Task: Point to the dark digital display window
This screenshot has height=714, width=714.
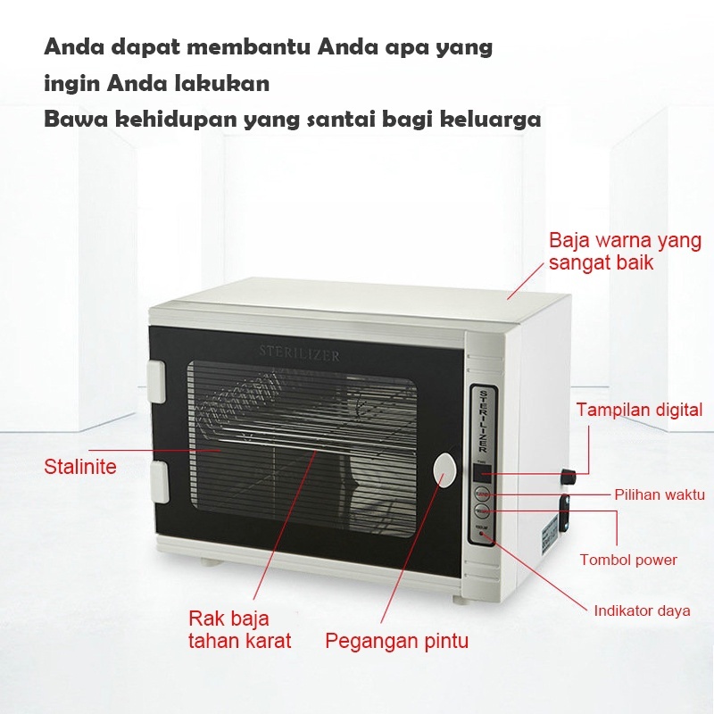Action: tap(482, 474)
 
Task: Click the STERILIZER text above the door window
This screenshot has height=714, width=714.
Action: tap(299, 355)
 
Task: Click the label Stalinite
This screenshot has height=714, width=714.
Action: tap(80, 467)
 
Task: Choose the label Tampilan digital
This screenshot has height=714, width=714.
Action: tap(639, 411)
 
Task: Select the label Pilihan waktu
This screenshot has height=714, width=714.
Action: tap(660, 494)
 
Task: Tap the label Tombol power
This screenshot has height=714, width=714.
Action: tap(628, 560)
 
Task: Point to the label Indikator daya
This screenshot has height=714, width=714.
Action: tap(642, 611)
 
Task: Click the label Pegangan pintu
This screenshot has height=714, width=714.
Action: tap(396, 641)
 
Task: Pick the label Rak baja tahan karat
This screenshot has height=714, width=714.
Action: tap(239, 629)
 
